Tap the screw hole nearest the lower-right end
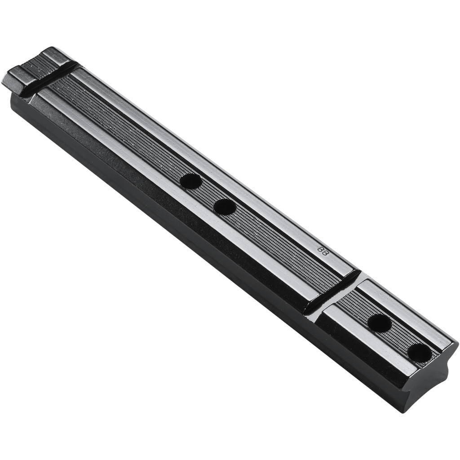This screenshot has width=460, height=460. tap(420, 353)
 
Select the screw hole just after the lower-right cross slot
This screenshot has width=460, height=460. tap(380, 323)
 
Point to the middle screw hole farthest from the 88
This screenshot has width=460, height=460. tap(190, 181)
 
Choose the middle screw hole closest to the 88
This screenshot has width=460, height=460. tap(225, 207)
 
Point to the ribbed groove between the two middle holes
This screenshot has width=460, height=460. tap(208, 194)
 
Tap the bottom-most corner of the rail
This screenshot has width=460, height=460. tap(402, 411)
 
